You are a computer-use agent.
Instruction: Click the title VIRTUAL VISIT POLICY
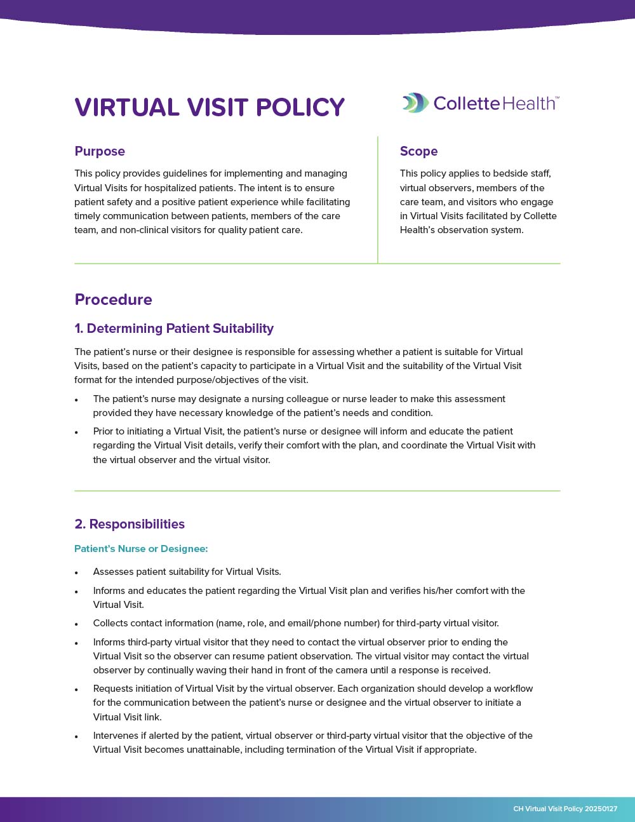click(x=210, y=107)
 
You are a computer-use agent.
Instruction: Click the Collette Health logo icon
click(x=415, y=103)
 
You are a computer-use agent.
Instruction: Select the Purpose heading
click(x=100, y=151)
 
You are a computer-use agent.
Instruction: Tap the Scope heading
click(x=418, y=151)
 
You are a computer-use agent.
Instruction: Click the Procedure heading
click(x=113, y=300)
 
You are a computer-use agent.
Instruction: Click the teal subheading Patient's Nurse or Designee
click(x=141, y=549)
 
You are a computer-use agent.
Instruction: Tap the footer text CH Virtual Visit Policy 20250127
click(x=565, y=809)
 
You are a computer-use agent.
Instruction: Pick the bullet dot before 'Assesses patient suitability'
click(x=77, y=573)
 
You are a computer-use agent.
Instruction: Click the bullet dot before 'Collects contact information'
click(x=77, y=624)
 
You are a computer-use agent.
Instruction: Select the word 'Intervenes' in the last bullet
click(x=116, y=736)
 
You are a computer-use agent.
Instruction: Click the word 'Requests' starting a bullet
click(x=113, y=689)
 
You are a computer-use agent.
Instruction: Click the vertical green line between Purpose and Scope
click(x=378, y=199)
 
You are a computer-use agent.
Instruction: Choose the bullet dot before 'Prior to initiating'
click(x=77, y=433)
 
